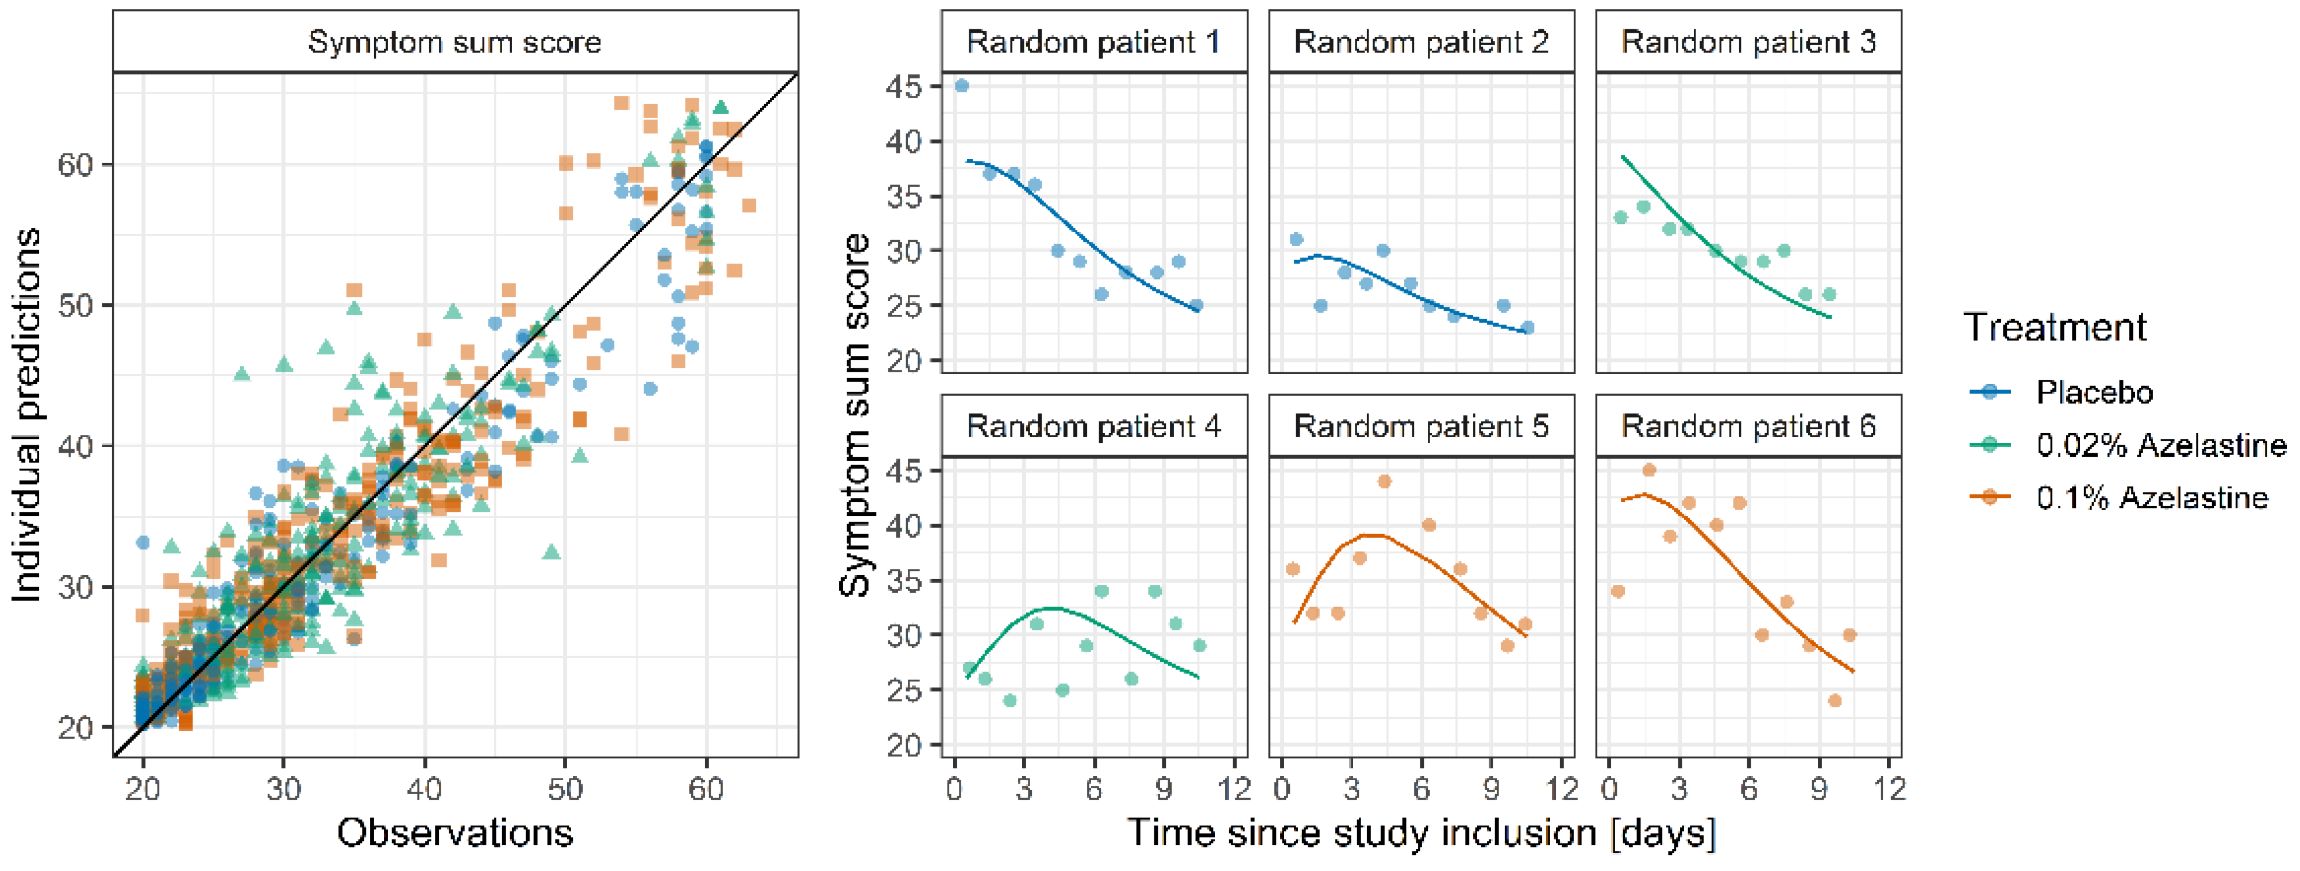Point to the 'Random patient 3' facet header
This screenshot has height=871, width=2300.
[x=1748, y=42]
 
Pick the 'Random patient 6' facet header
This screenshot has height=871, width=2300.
[x=1748, y=426]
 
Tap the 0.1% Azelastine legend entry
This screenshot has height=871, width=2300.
[x=2118, y=497]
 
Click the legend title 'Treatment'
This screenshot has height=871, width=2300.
[x=2055, y=327]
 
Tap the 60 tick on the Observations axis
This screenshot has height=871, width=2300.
[x=706, y=789]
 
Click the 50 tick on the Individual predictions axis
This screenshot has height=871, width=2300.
[x=75, y=305]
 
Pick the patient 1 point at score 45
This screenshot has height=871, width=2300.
[x=962, y=86]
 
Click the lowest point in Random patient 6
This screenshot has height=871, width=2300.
[x=1835, y=700]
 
